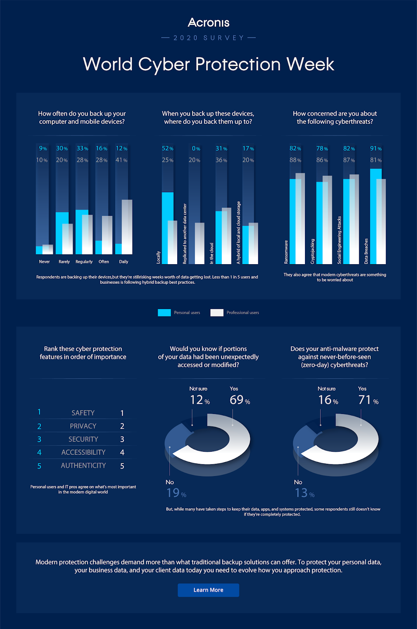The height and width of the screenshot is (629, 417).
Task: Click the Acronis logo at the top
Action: tap(208, 22)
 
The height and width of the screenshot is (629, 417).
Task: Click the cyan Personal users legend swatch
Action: tap(164, 313)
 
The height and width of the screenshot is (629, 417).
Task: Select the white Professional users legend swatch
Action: tap(217, 313)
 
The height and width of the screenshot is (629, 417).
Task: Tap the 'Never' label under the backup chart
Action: tap(44, 262)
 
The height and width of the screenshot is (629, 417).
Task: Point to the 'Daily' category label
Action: tap(124, 262)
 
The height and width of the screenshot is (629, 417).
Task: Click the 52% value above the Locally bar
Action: tap(167, 149)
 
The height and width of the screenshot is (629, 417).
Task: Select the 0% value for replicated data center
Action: tap(196, 149)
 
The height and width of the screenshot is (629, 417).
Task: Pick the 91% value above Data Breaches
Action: tap(376, 149)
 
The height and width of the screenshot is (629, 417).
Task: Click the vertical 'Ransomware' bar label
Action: tap(286, 252)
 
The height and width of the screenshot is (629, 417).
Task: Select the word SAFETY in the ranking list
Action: tap(83, 413)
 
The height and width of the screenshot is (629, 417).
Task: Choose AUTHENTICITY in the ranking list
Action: tap(83, 465)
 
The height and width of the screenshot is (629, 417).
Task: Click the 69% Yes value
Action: tap(240, 400)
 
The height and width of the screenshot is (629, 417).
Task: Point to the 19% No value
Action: tap(176, 493)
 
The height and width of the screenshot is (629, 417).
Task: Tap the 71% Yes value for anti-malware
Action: tap(368, 400)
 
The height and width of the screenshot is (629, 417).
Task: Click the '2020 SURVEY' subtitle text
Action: tap(209, 38)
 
